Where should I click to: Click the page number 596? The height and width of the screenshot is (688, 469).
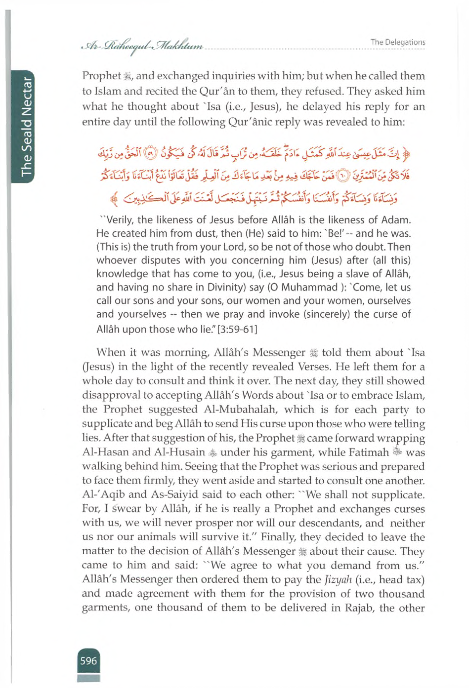88,661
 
